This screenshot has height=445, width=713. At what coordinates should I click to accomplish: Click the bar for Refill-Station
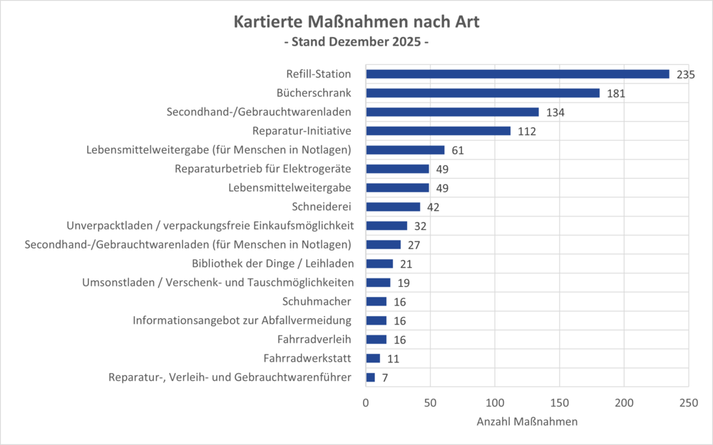517,74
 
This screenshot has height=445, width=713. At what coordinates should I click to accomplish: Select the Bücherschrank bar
483,93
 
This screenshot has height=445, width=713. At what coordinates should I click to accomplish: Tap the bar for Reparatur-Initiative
438,131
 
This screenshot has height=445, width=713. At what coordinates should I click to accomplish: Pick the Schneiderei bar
393,206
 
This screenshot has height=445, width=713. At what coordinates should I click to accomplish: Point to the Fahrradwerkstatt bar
373,358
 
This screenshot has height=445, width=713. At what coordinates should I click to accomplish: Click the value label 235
686,75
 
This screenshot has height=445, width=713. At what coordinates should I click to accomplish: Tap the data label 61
458,150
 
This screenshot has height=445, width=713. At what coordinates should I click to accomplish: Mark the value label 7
385,377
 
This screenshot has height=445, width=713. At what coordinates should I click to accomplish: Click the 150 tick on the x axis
560,402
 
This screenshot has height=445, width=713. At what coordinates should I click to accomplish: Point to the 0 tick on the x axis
366,402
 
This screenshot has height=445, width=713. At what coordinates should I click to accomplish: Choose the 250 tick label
688,402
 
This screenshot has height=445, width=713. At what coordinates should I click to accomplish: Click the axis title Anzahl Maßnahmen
527,422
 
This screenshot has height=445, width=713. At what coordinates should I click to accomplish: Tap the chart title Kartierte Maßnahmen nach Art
356,22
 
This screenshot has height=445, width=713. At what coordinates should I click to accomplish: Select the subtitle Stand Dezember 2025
356,42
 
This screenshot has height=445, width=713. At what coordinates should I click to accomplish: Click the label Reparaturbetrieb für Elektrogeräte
263,169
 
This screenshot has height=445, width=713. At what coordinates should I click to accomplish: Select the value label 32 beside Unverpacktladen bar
421,226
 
